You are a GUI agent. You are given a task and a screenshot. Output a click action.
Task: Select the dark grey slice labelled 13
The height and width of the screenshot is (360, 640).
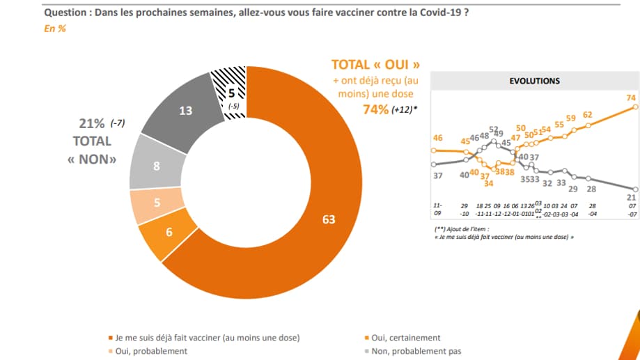(185, 109)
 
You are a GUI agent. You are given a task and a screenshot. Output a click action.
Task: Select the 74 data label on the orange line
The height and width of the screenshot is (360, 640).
(632, 97)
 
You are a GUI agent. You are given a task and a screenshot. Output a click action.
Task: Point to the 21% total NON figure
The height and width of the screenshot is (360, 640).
(92, 124)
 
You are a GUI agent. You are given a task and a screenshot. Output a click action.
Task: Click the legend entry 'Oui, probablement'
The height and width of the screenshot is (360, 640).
(150, 351)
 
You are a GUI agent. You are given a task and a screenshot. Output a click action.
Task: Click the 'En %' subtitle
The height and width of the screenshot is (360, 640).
(54, 29)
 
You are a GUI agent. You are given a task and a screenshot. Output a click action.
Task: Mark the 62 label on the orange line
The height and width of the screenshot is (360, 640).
(587, 115)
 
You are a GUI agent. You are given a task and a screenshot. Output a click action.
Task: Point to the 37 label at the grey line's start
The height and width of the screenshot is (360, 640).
(438, 175)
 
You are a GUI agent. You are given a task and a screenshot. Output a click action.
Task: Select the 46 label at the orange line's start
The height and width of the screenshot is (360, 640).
(438, 139)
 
